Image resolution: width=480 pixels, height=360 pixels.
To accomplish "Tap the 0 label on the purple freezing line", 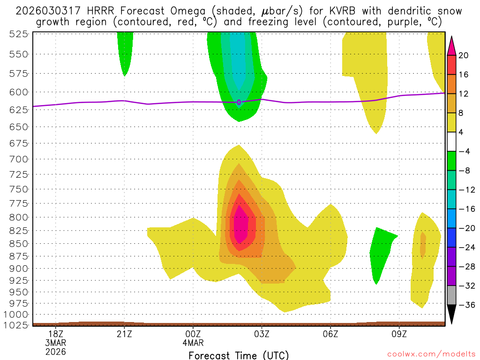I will [x=239, y=102].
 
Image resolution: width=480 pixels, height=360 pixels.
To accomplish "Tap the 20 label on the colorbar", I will [x=464, y=55].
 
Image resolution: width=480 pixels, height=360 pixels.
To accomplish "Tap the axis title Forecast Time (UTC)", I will [x=239, y=355].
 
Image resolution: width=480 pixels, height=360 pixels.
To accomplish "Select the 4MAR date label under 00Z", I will [x=194, y=342].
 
